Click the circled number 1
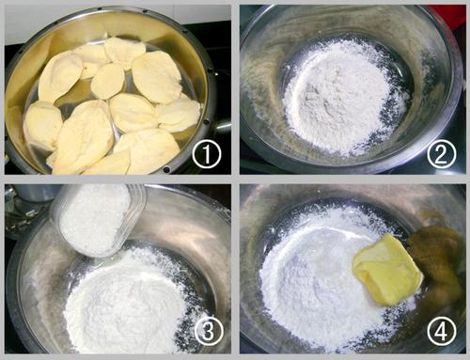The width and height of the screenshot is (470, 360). [x=207, y=154]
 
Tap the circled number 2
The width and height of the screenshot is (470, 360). [x=441, y=154]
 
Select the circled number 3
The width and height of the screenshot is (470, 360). [x=209, y=331]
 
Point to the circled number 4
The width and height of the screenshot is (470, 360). [x=441, y=331]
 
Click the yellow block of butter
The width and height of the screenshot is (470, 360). [x=387, y=270]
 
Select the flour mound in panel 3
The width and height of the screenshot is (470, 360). [x=132, y=301]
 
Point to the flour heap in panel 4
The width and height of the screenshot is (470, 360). [x=322, y=282]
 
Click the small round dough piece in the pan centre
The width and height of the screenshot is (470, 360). [x=107, y=81]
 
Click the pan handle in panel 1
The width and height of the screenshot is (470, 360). [x=222, y=125]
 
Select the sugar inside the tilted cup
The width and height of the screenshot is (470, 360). [x=94, y=218]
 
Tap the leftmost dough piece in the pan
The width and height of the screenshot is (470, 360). [x=42, y=125]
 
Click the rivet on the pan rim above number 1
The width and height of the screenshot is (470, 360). [x=206, y=122]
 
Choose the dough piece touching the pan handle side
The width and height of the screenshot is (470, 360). [x=179, y=115]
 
